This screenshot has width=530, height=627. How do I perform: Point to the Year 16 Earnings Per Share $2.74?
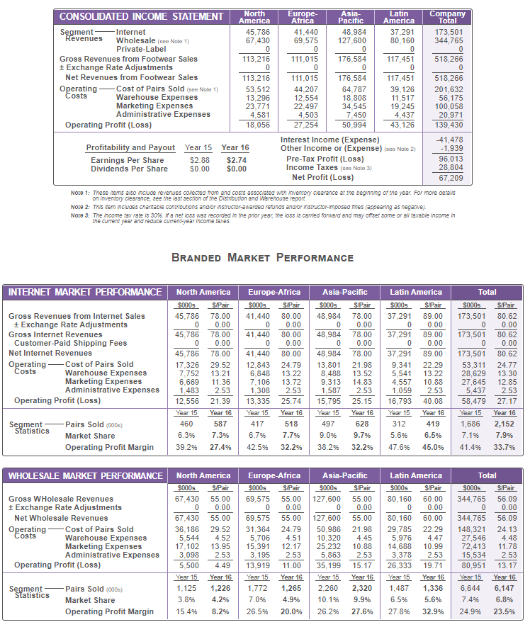coord(235,161)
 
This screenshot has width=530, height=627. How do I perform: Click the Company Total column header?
coord(448,17)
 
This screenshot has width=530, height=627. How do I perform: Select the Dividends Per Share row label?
coord(129,169)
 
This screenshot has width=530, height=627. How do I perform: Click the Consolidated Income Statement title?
coord(141,17)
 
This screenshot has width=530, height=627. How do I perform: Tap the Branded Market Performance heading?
coord(262,257)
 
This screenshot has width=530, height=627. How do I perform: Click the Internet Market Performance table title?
coord(85,292)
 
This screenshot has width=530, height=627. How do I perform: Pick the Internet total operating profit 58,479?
coord(473,400)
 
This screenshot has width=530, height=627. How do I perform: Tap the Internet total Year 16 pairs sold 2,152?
coord(504,423)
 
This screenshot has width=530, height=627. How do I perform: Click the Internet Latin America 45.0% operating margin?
coord(432,447)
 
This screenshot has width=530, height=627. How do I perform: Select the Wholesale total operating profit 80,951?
coord(473,565)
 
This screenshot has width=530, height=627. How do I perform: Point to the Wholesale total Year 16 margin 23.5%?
coord(504,611)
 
